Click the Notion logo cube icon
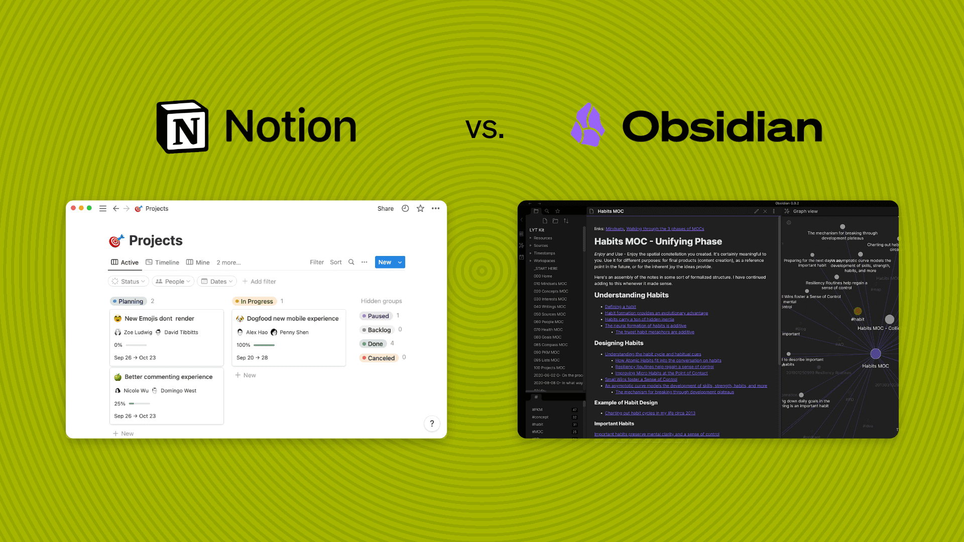click(x=183, y=126)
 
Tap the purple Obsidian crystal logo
click(x=587, y=125)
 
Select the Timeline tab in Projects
click(x=162, y=262)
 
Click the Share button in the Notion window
click(x=385, y=209)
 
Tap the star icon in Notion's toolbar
click(x=420, y=209)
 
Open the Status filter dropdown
click(x=129, y=282)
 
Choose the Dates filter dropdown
click(x=217, y=282)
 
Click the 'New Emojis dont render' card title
click(x=159, y=319)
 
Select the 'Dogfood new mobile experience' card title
click(x=293, y=319)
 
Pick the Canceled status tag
click(x=381, y=358)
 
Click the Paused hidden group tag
click(x=378, y=316)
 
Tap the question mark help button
click(x=432, y=424)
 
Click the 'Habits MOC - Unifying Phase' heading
click(x=658, y=241)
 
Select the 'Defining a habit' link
click(x=620, y=307)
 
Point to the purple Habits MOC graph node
click(x=876, y=354)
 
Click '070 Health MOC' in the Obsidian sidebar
click(x=548, y=330)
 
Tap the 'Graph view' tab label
click(x=805, y=211)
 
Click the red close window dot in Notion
click(x=73, y=208)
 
